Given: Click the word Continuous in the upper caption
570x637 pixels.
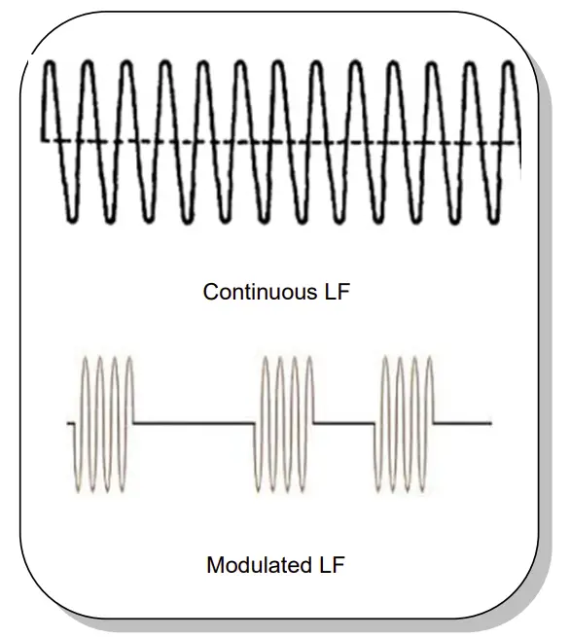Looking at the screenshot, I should click(255, 291).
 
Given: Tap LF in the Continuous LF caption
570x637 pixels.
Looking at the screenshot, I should click(332, 291).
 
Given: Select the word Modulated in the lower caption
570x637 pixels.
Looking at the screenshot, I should click(255, 565).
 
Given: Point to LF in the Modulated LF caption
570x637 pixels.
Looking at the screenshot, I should click(330, 565).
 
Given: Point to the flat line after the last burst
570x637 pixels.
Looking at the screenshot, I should click(461, 423).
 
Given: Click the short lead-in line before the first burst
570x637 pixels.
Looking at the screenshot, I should click(71, 424).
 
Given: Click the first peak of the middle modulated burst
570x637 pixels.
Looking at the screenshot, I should click(267, 359).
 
